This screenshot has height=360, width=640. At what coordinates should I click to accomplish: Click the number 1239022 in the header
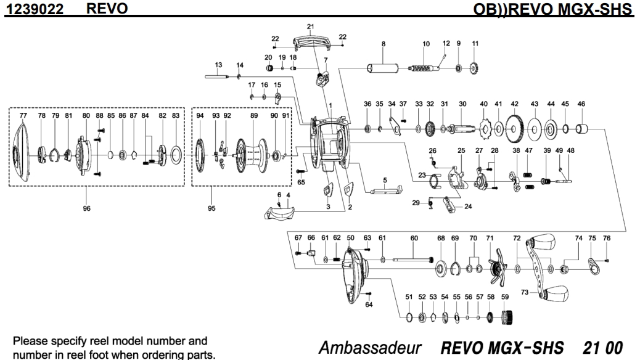[34, 9]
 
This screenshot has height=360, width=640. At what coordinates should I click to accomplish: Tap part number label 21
[311, 27]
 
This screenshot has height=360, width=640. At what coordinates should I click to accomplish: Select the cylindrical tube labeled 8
[384, 68]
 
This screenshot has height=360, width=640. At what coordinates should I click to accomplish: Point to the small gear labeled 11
[474, 67]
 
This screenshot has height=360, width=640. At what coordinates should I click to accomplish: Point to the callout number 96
[86, 208]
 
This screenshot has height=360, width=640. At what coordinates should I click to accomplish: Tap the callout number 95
[211, 208]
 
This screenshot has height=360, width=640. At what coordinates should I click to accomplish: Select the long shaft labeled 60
[412, 259]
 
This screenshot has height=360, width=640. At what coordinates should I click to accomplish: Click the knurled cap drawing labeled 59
[506, 317]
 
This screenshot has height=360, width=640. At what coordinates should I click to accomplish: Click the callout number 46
[581, 104]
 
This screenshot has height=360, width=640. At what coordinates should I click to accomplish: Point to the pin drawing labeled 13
[217, 76]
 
